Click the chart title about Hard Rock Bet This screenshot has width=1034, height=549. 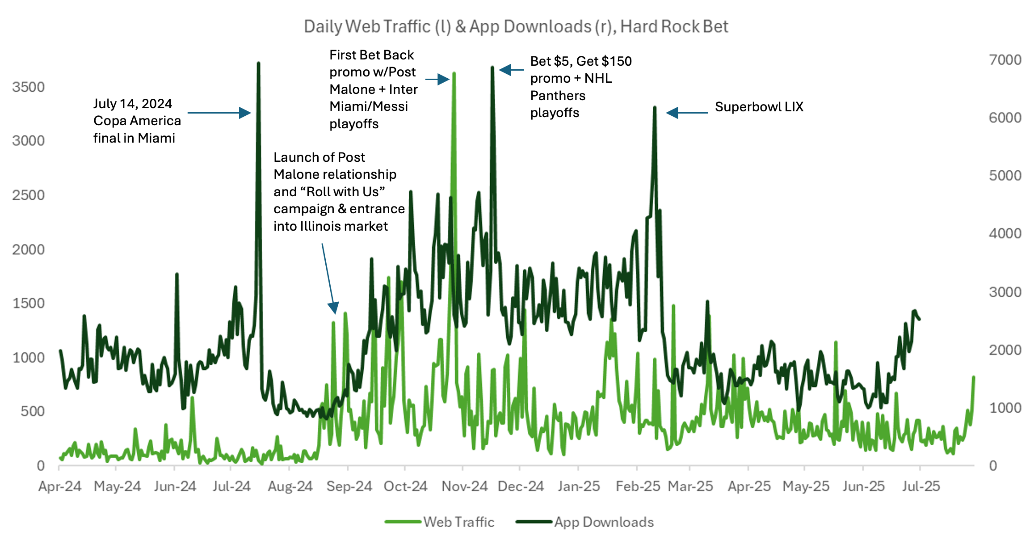click(516, 27)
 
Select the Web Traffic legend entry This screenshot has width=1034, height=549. click(440, 522)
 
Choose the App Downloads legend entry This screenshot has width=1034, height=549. click(585, 522)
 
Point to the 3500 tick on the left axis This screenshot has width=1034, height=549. click(29, 87)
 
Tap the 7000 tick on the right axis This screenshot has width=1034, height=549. click(1005, 60)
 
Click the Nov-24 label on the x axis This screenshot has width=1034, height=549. click(464, 486)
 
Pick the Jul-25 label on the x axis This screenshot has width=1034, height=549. click(921, 486)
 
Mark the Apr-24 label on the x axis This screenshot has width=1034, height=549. click(60, 486)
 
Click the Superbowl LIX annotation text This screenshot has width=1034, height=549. click(759, 107)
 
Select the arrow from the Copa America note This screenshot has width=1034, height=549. click(219, 113)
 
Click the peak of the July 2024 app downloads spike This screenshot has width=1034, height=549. click(258, 63)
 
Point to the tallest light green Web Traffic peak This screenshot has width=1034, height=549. click(454, 73)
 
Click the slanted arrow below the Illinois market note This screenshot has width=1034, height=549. click(328, 277)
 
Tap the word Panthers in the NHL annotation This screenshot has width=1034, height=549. click(558, 96)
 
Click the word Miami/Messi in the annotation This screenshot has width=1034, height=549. click(369, 106)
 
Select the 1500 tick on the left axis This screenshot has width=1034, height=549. click(29, 303)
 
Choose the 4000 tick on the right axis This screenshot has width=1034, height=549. click(1005, 233)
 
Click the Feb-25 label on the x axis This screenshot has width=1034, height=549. click(638, 486)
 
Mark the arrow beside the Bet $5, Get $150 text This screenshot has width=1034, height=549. click(512, 70)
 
